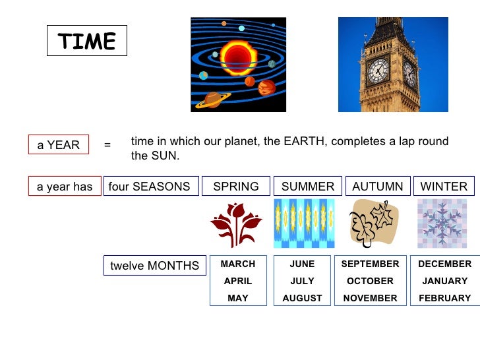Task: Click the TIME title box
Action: pos(86,42)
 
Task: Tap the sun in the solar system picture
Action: pos(238,57)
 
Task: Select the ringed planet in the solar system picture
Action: pos(213,99)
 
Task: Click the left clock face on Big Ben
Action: pos(378,71)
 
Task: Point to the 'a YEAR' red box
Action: pos(58,145)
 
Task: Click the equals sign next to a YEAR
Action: pos(107,145)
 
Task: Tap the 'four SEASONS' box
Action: pos(149,187)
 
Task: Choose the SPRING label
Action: pos(236,187)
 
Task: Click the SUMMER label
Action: pos(308,187)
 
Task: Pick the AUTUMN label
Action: pos(378,187)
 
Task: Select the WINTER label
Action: pos(444,187)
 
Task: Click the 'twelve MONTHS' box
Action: pos(154,266)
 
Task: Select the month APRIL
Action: pos(238,281)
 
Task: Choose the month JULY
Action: pos(302,281)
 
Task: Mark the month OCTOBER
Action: pos(370,281)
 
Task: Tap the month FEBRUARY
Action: pos(445,298)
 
